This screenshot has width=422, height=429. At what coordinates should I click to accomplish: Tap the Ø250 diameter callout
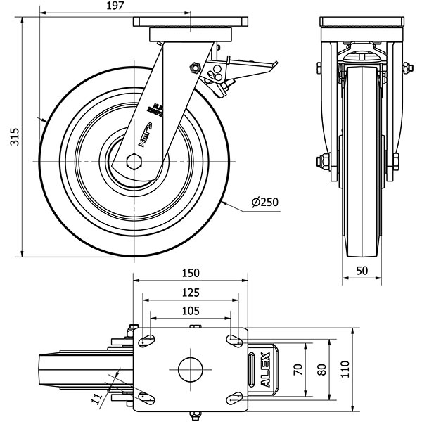coord(265,203)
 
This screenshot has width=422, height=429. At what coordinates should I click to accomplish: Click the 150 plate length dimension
coord(190,273)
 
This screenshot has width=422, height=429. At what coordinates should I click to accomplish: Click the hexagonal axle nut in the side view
coord(134,162)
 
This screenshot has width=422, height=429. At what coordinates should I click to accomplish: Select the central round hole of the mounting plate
coord(191,368)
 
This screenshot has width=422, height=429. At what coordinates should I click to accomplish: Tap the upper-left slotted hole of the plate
coord(146,341)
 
